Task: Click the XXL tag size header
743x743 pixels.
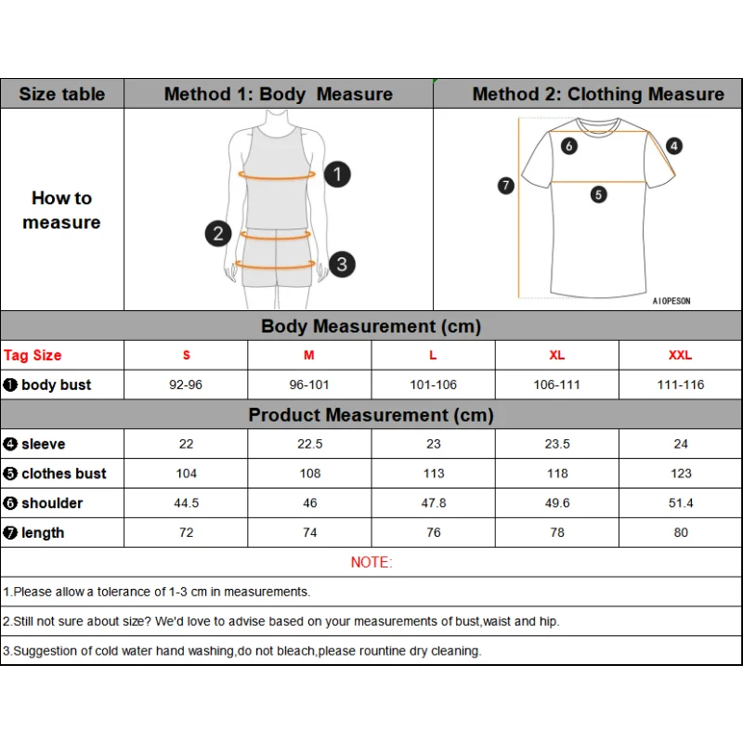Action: [680, 355]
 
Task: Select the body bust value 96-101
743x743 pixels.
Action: [309, 385]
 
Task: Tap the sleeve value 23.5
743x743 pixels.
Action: [556, 444]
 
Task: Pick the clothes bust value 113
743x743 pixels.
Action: [433, 474]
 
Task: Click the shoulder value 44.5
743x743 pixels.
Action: [186, 503]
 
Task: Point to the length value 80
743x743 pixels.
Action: [680, 533]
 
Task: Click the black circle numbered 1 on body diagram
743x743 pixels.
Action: [337, 174]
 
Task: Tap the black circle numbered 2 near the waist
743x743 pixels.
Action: [217, 232]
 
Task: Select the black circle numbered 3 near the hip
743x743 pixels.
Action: [341, 264]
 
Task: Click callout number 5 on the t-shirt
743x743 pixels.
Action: [598, 195]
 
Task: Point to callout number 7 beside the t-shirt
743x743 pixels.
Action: [505, 186]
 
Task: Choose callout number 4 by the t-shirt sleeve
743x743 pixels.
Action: [674, 146]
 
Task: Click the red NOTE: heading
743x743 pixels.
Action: [371, 562]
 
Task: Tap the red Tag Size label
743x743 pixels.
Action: [33, 355]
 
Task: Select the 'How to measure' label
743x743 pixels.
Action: [61, 210]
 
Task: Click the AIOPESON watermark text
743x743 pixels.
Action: [671, 301]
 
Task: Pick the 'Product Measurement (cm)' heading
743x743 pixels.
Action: [371, 415]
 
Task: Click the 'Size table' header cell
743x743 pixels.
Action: [62, 94]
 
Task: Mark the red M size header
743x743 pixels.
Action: [309, 355]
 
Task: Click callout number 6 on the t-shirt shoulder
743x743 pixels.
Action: [569, 146]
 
